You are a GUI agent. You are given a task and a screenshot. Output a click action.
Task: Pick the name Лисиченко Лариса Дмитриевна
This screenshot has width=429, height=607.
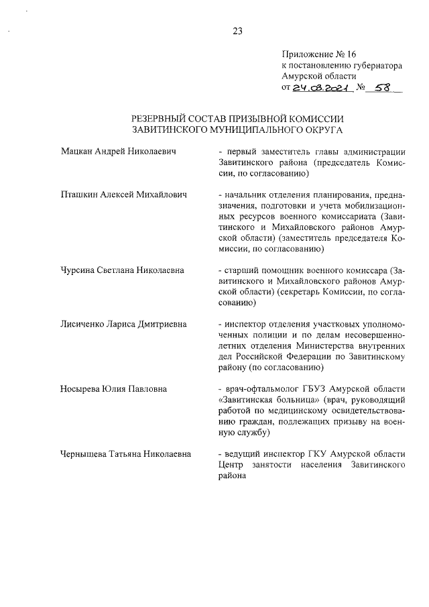click(x=123, y=324)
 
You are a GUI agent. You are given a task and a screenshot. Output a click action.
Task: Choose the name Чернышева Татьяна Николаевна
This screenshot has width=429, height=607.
click(x=125, y=453)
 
